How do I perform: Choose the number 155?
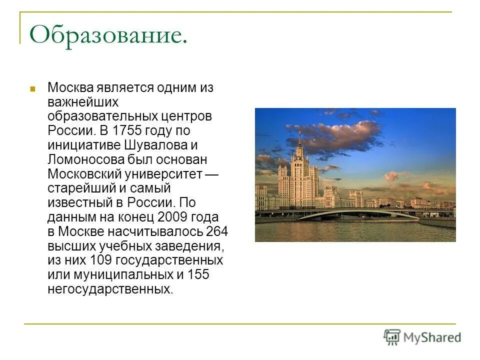point(198,275)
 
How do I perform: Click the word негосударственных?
point(110,289)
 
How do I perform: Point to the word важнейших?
point(83,102)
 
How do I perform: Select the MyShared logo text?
point(432,337)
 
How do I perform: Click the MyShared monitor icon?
point(392,337)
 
